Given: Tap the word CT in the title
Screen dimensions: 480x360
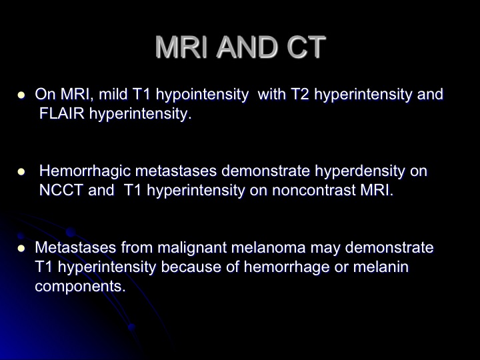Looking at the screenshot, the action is [x=306, y=47].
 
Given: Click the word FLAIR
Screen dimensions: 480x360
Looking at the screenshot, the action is [x=62, y=113].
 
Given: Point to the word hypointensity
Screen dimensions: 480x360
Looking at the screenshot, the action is [x=202, y=95].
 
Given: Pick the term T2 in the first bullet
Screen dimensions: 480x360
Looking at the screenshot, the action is [x=300, y=94].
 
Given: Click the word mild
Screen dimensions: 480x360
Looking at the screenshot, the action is [x=113, y=94].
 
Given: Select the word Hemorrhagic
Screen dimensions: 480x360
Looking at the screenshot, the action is [x=85, y=171].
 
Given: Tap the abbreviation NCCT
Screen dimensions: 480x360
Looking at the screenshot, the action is [x=61, y=191].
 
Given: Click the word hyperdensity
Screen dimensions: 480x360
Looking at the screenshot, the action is [x=360, y=171].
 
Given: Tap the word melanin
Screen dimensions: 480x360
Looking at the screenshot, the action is [x=381, y=267].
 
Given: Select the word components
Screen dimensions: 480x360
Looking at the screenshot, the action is [x=80, y=287].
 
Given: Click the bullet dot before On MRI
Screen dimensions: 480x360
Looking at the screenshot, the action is [x=21, y=95].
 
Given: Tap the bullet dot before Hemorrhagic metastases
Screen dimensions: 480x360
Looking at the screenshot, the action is [x=21, y=172].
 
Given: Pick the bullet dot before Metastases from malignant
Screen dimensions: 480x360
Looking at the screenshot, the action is [x=21, y=248].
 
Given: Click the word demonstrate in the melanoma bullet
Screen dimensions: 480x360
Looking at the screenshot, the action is [x=389, y=247].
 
